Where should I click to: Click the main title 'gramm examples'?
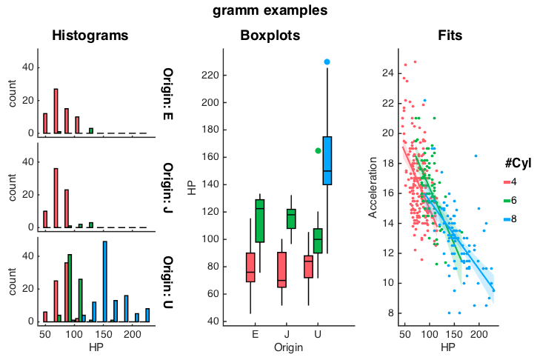click(270, 10)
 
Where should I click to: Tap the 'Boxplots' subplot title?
click(270, 36)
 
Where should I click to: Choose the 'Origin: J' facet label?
click(168, 187)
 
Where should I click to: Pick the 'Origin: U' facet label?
click(168, 281)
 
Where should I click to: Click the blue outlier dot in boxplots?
click(327, 61)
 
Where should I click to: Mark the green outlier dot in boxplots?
click(319, 150)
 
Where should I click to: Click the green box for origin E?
click(260, 221)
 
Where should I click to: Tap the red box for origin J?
click(281, 269)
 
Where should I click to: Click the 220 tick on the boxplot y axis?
click(211, 75)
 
